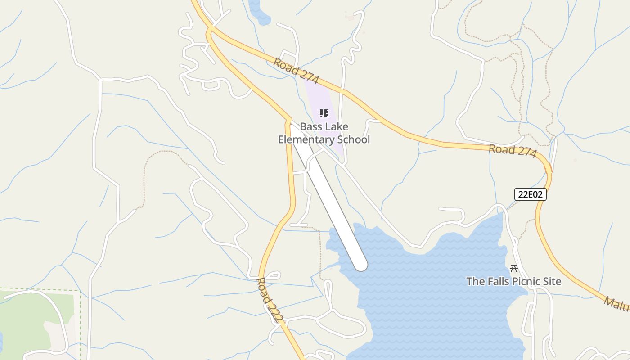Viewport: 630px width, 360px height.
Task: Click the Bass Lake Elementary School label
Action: point(324,133)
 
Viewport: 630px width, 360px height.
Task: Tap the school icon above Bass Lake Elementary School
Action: point(324,113)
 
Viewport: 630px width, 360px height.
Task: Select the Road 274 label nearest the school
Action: point(296,71)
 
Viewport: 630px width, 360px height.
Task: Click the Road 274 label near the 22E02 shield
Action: point(513,151)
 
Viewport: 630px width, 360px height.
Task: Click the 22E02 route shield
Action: point(531,194)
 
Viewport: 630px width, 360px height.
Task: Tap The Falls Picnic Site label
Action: point(513,282)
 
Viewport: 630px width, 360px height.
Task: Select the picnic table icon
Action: point(514,269)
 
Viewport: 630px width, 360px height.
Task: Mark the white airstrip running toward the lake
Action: point(328,198)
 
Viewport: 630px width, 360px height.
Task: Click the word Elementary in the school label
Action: point(305,139)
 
